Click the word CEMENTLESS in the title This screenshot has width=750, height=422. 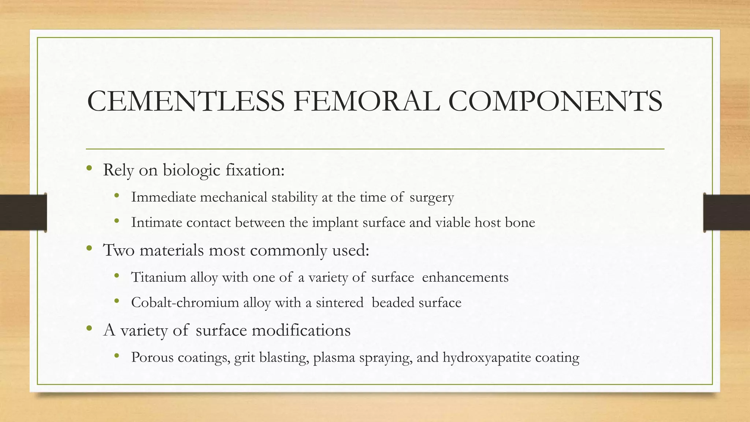pos(186,101)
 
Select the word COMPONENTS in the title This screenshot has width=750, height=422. pos(555,101)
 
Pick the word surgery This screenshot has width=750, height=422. pos(432,198)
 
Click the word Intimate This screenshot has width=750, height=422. pos(157,222)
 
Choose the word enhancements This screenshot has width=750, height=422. pos(465,277)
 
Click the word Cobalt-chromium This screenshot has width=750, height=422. pos(185,303)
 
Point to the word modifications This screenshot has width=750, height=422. pos(301,330)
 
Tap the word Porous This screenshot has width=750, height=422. pos(152,357)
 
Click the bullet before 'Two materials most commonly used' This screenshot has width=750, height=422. pos(89,249)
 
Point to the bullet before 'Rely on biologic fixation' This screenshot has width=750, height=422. pos(89,169)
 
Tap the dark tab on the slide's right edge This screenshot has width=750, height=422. pos(727,212)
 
